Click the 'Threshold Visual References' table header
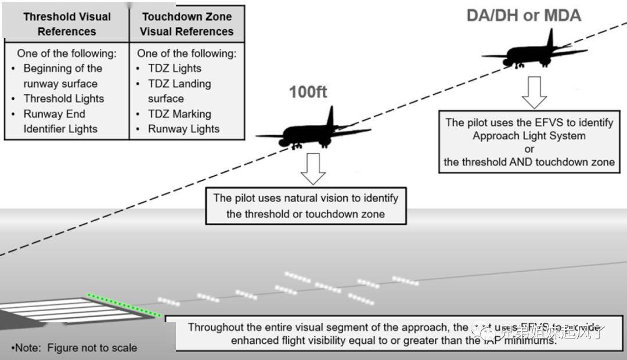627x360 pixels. (67, 24)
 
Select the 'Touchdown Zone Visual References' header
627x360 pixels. (186, 24)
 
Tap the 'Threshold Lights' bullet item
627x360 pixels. (63, 99)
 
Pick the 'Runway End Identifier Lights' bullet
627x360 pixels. (60, 121)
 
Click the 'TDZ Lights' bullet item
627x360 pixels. (174, 69)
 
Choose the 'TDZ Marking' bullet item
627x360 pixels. (179, 114)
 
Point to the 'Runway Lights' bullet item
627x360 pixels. (183, 129)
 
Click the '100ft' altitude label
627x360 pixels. (308, 92)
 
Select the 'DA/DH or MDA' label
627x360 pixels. (524, 15)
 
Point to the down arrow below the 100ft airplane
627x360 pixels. (313, 168)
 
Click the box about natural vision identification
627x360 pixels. (305, 206)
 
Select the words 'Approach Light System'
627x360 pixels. (529, 136)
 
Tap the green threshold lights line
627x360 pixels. (123, 305)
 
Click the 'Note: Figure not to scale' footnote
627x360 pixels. (74, 348)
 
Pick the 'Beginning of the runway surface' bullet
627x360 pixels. (62, 76)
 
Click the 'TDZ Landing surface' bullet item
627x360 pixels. (179, 91)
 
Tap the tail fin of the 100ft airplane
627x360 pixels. (330, 116)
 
